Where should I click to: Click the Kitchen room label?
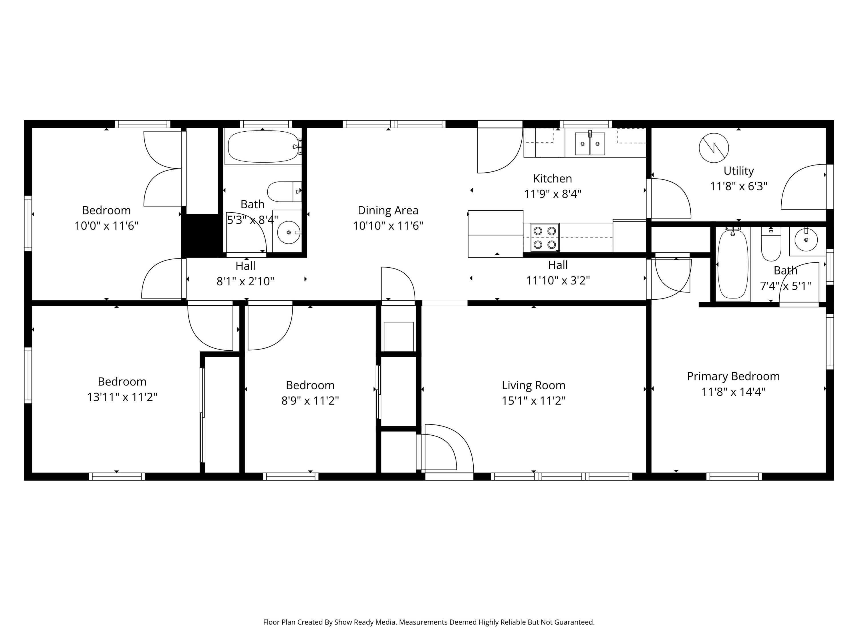[552, 179]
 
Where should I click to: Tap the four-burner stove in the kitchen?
[545, 238]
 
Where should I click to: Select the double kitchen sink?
[589, 144]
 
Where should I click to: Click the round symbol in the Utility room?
[714, 148]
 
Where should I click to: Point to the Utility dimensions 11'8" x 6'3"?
[738, 187]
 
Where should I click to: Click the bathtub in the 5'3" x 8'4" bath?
[263, 146]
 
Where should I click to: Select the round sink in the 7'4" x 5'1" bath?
[806, 240]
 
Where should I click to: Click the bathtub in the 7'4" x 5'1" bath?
[733, 264]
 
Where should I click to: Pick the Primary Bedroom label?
[733, 376]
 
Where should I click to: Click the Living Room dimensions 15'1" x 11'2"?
[533, 401]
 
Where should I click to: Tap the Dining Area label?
[388, 210]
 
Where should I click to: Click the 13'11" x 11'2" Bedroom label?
[122, 382]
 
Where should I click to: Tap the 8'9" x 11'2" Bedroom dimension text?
[310, 401]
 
